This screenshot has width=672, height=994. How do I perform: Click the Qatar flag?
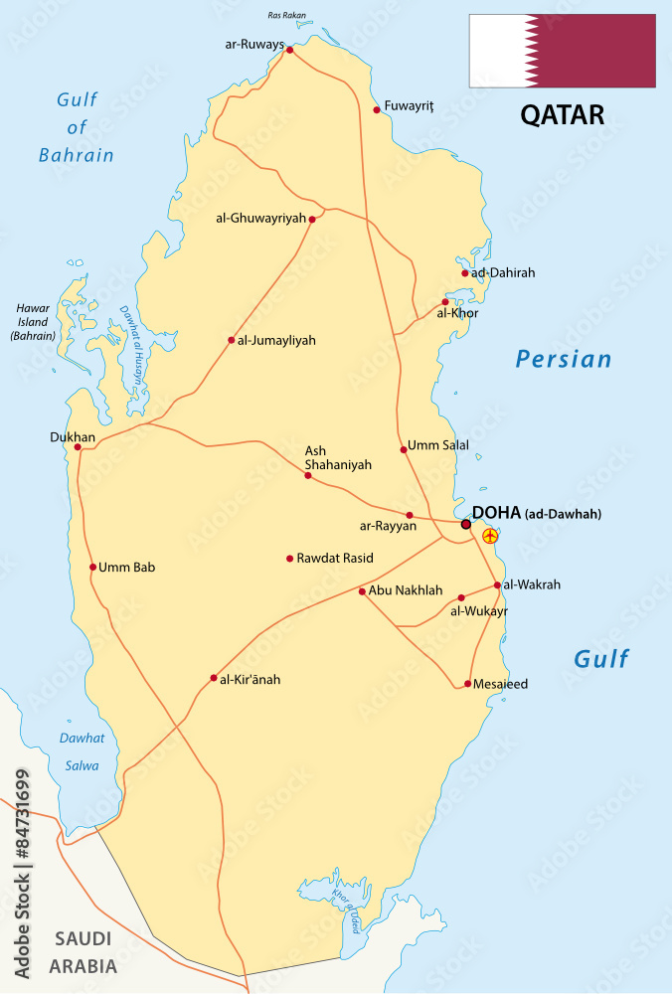coord(563,51)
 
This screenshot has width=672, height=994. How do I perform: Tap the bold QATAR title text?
coord(563,114)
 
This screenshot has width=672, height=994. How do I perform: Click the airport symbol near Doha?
coord(489,536)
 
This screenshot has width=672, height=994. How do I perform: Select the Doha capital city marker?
coord(466,524)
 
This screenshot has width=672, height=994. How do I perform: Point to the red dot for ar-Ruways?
coord(290,49)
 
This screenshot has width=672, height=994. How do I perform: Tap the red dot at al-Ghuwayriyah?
coord(312,220)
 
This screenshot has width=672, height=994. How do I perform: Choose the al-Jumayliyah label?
coord(276,340)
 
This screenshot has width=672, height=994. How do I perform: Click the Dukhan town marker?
coord(78,447)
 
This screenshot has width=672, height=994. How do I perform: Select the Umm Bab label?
coord(127,568)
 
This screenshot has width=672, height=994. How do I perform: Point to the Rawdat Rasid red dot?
coord(290,559)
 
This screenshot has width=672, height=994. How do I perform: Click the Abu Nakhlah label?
coord(406,590)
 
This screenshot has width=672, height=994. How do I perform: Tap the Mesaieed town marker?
coord(467,684)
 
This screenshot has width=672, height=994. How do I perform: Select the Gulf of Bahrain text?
coord(78,127)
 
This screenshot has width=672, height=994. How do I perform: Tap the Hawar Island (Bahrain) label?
coord(33,322)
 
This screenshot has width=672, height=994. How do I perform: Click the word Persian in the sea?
coord(564,359)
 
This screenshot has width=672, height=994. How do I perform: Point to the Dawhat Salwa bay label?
coord(82,751)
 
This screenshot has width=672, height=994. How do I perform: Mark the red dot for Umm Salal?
coord(404,449)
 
